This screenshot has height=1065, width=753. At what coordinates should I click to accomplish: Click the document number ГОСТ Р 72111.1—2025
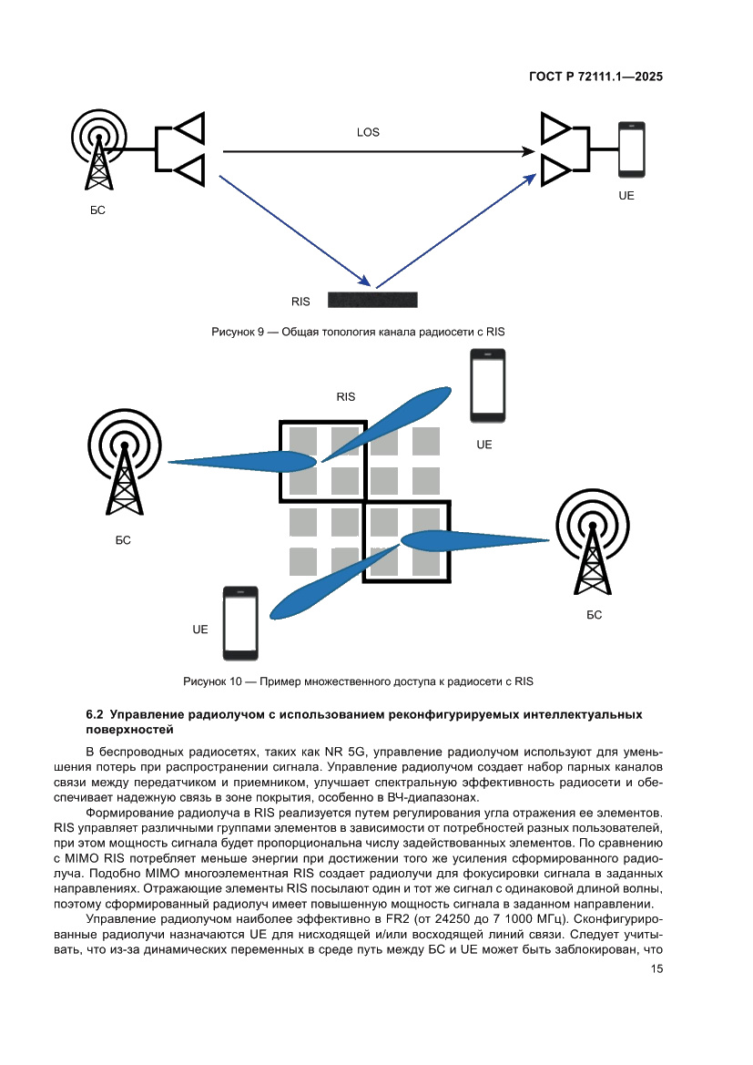(x=595, y=77)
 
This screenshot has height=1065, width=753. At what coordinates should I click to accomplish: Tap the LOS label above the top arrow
(x=368, y=132)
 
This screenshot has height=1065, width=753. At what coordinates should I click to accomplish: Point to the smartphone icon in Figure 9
(x=631, y=149)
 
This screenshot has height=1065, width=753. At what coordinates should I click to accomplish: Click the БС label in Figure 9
(x=98, y=210)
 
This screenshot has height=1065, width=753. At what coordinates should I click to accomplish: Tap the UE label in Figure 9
(x=626, y=196)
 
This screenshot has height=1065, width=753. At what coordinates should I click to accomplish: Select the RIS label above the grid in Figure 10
(x=345, y=396)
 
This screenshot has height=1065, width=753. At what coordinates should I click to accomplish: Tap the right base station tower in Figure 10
(x=593, y=543)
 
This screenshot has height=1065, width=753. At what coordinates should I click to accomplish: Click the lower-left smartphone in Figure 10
(x=240, y=624)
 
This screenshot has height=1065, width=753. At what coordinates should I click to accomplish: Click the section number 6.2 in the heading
(x=95, y=715)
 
